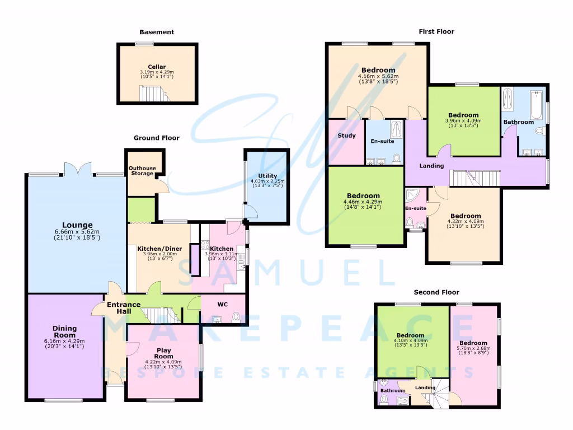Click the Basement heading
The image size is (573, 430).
(x=157, y=32)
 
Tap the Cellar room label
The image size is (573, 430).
(x=157, y=67)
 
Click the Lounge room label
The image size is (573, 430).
(x=77, y=225)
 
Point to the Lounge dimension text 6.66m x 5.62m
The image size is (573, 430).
(x=77, y=232)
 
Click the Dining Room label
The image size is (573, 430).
(x=65, y=331)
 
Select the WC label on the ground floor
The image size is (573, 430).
(x=223, y=306)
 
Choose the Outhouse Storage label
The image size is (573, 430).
(x=142, y=171)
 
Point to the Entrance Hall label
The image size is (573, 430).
(x=124, y=308)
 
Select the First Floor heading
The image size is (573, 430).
(x=436, y=32)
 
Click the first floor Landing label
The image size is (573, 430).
(x=431, y=166)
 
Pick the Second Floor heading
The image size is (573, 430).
(x=436, y=292)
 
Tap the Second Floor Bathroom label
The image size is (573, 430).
(x=393, y=390)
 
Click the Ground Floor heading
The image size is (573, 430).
(x=156, y=138)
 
